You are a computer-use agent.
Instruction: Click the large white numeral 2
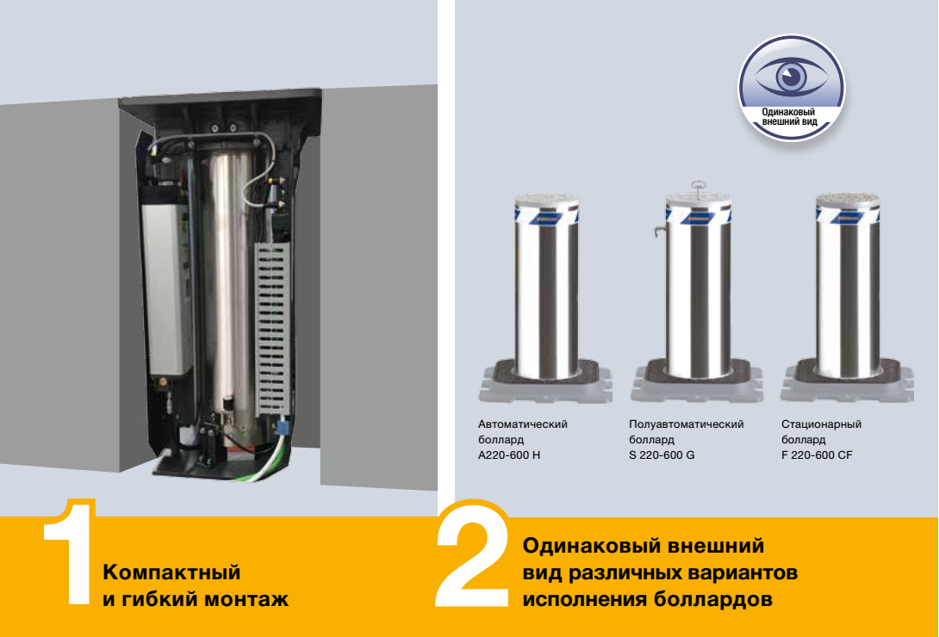point(473,554)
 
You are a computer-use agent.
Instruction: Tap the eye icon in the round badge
point(791,76)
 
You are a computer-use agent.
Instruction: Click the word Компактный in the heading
point(172,572)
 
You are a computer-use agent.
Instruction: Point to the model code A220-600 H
point(509,455)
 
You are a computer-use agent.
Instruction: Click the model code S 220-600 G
point(662,455)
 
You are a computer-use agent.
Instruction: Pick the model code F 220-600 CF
point(817,455)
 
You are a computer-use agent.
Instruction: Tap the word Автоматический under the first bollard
point(523,424)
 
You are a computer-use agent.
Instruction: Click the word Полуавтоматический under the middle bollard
point(687,424)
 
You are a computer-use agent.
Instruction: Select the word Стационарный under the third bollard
point(822,424)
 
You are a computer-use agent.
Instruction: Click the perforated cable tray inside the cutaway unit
point(272,329)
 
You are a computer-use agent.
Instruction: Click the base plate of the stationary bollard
point(848,383)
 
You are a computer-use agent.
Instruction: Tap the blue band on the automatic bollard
point(547,215)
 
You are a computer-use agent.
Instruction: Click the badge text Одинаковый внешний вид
point(789,116)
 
